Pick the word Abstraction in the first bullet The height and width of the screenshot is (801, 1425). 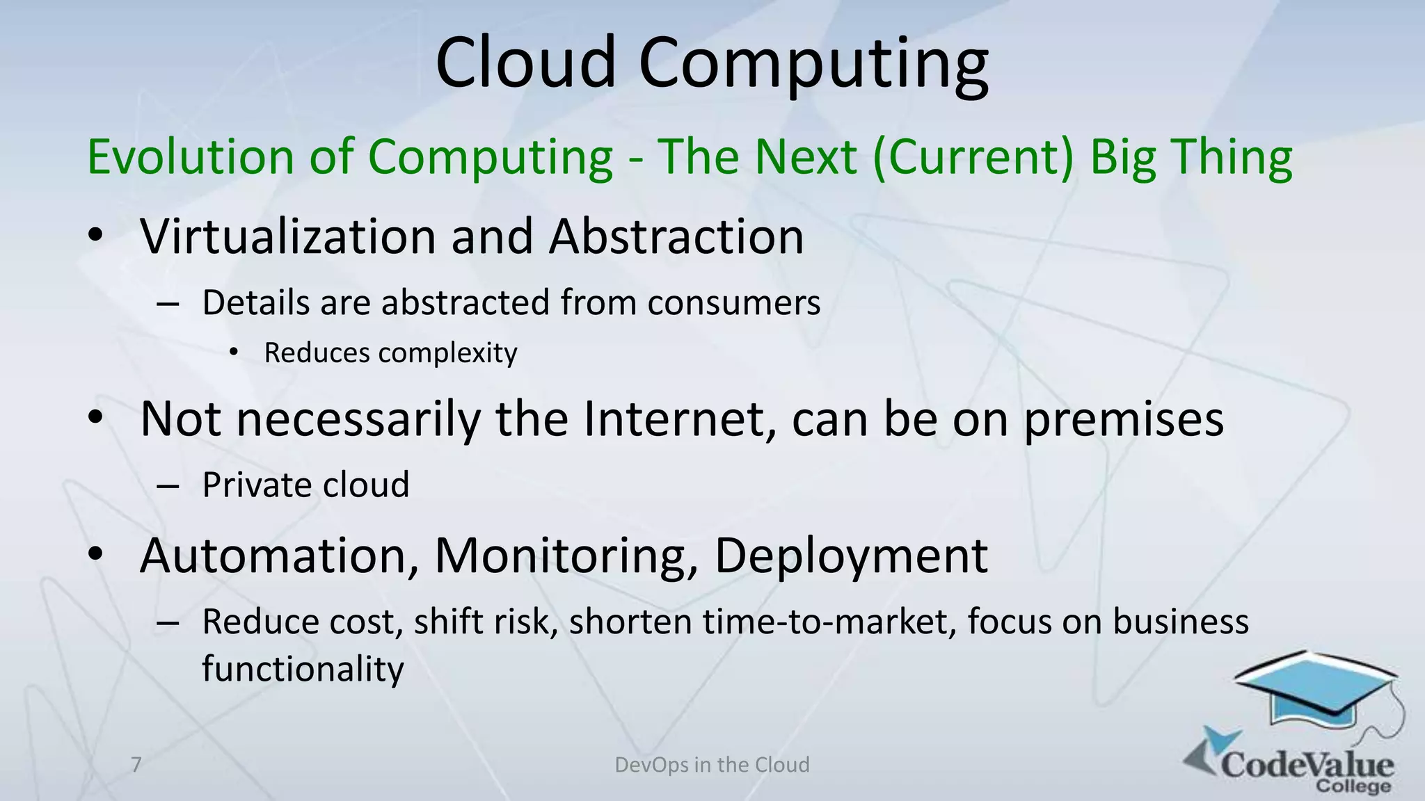pyautogui.click(x=676, y=236)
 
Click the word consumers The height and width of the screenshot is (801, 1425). pyautogui.click(x=733, y=303)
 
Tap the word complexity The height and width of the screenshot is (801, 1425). pyautogui.click(x=448, y=353)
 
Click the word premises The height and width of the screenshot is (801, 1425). pyautogui.click(x=1124, y=420)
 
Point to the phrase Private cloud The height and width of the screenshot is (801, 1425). pyautogui.click(x=305, y=485)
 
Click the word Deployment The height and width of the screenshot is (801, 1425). pyautogui.click(x=851, y=556)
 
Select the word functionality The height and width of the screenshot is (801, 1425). pyautogui.click(x=303, y=669)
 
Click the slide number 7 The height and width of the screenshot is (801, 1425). pyautogui.click(x=136, y=765)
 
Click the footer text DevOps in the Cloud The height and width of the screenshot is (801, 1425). pyautogui.click(x=712, y=765)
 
